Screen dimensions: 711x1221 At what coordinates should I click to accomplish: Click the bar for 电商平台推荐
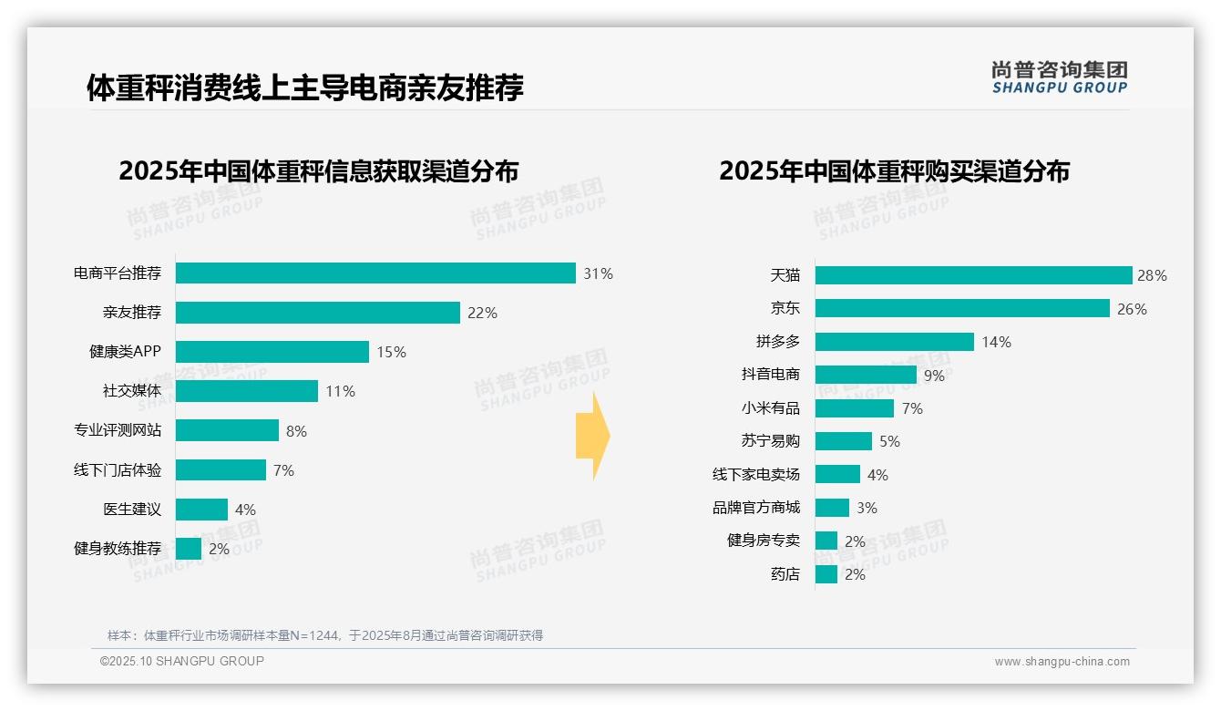[x=375, y=273]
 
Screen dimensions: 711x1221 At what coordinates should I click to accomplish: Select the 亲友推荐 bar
[x=317, y=313]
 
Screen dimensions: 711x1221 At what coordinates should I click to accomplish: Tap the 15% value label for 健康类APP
[x=391, y=352]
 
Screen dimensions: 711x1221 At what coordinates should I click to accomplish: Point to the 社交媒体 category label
[x=131, y=391]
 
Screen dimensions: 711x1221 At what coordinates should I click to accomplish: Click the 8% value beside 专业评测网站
[x=296, y=431]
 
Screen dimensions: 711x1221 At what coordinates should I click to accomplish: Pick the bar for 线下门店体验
[x=221, y=470]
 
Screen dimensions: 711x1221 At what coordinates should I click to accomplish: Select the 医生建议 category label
[x=131, y=510]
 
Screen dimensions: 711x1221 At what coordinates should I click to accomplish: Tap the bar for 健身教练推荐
[x=189, y=549]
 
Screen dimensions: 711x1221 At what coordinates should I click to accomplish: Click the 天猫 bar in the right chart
[x=973, y=275]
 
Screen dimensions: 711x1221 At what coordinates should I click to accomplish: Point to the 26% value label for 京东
[x=1132, y=309]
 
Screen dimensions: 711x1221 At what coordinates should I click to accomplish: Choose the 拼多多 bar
[x=894, y=342]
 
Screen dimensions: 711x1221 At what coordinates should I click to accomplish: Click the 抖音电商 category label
[x=770, y=375]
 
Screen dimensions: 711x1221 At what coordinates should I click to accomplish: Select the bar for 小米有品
[x=854, y=408]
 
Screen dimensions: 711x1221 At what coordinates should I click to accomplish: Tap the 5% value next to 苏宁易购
[x=889, y=441]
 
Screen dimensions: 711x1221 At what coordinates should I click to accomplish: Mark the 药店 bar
[x=826, y=574]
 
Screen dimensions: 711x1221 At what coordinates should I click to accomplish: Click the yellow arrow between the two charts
[x=593, y=437]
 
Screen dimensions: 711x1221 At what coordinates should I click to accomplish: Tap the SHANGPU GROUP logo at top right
[x=1059, y=77]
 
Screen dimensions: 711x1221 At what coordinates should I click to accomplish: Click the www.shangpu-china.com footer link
[x=1062, y=662]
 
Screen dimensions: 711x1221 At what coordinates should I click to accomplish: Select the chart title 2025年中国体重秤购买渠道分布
[x=894, y=171]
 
